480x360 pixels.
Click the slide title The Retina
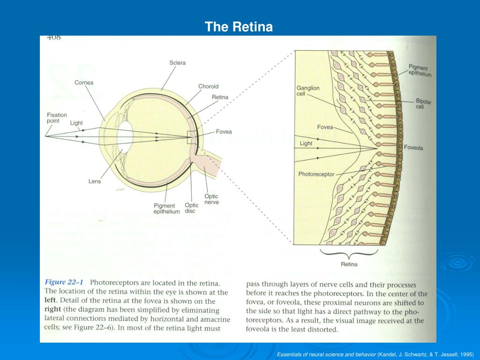coord(238,27)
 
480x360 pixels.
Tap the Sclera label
coord(177,63)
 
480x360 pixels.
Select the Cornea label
coord(84,83)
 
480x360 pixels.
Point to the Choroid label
coord(208,87)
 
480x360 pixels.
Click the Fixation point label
coord(57,118)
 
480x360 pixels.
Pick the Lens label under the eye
coord(95,181)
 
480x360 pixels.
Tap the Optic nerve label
coord(211,199)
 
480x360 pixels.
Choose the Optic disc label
coord(191,208)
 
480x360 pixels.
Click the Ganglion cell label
coord(308,91)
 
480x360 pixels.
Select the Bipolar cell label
coord(423,104)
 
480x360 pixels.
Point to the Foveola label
coord(413,148)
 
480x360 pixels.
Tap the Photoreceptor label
coord(316,174)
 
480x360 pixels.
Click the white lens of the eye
coord(125,136)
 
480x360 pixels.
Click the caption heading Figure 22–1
coord(64,283)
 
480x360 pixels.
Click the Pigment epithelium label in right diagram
coord(420,71)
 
